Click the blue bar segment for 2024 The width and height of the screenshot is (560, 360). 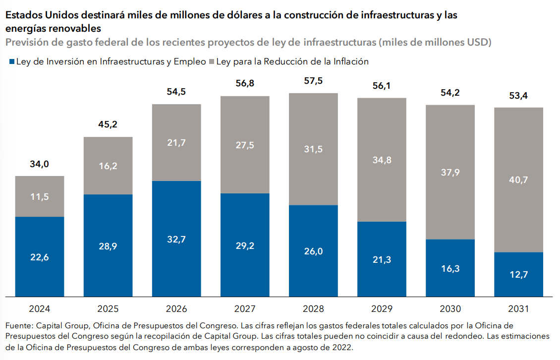40,257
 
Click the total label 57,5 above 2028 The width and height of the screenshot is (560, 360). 313,81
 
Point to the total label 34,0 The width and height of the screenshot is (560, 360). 40,165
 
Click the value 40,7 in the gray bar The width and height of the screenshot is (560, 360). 518,180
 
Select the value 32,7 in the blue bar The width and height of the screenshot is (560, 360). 176,239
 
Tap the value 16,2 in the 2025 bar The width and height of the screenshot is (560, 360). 108,166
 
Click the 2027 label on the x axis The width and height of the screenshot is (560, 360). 245,308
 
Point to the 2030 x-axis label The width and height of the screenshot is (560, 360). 450,308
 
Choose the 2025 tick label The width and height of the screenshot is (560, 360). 108,308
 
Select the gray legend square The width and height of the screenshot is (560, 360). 211,62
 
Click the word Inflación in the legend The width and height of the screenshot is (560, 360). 351,62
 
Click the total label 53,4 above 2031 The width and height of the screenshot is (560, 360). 518,95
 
